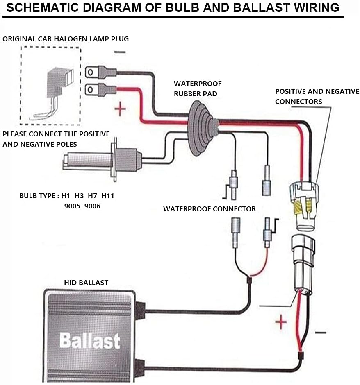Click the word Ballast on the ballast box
(x=89, y=341)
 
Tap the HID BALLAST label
(x=86, y=283)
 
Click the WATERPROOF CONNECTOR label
(x=210, y=209)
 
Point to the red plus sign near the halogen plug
(x=120, y=109)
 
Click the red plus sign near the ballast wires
(x=281, y=323)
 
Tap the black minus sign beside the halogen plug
(x=120, y=52)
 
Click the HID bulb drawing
(x=103, y=160)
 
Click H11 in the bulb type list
(x=108, y=196)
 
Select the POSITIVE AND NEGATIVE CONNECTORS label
(x=317, y=96)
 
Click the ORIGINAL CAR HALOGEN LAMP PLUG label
(x=66, y=39)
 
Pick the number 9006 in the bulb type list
(x=92, y=206)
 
